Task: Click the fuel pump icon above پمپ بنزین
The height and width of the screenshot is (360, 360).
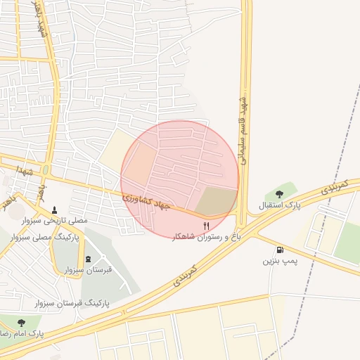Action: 280,250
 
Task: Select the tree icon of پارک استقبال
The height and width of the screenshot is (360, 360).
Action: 279,194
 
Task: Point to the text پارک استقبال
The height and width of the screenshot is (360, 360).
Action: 279,205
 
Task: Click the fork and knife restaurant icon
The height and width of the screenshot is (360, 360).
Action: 206,226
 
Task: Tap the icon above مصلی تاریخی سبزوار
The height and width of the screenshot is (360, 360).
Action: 55,210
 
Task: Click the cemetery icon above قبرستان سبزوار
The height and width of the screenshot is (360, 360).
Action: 88,259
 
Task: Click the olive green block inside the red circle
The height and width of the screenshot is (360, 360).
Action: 216,202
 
